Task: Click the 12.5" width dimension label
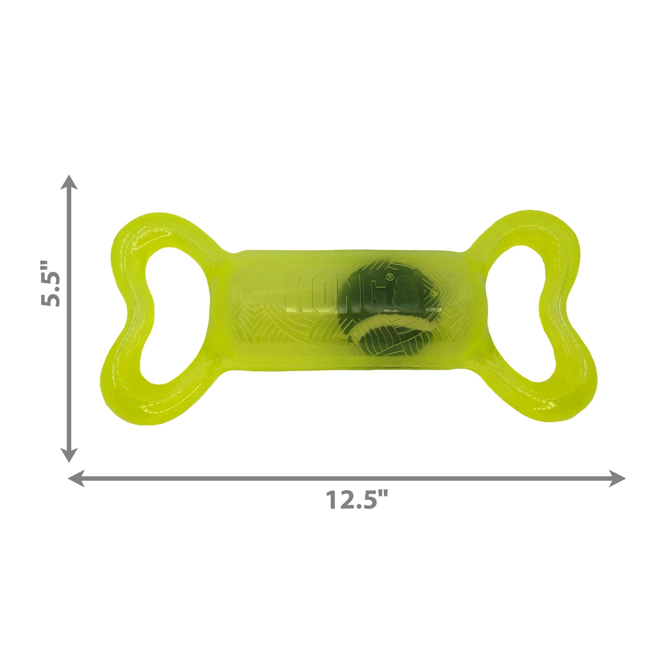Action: (357, 500)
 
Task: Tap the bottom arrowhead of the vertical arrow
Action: (69, 455)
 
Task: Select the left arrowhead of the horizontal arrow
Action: (75, 478)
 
